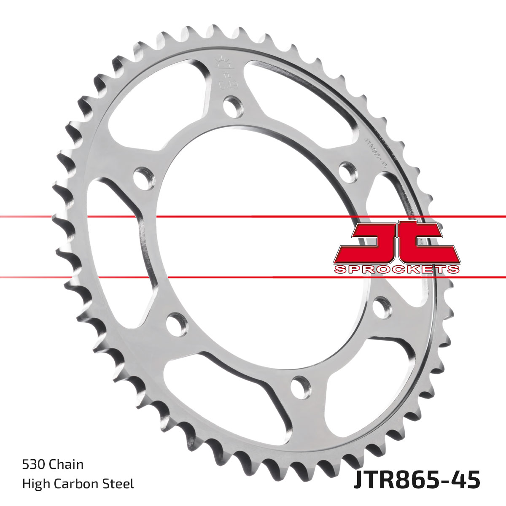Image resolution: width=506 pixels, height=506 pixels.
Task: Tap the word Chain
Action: click(66, 465)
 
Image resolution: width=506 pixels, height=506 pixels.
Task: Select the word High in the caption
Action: click(35, 484)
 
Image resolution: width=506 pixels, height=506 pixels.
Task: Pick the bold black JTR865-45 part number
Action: click(417, 481)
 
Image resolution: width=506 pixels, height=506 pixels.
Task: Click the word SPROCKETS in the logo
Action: click(396, 269)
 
